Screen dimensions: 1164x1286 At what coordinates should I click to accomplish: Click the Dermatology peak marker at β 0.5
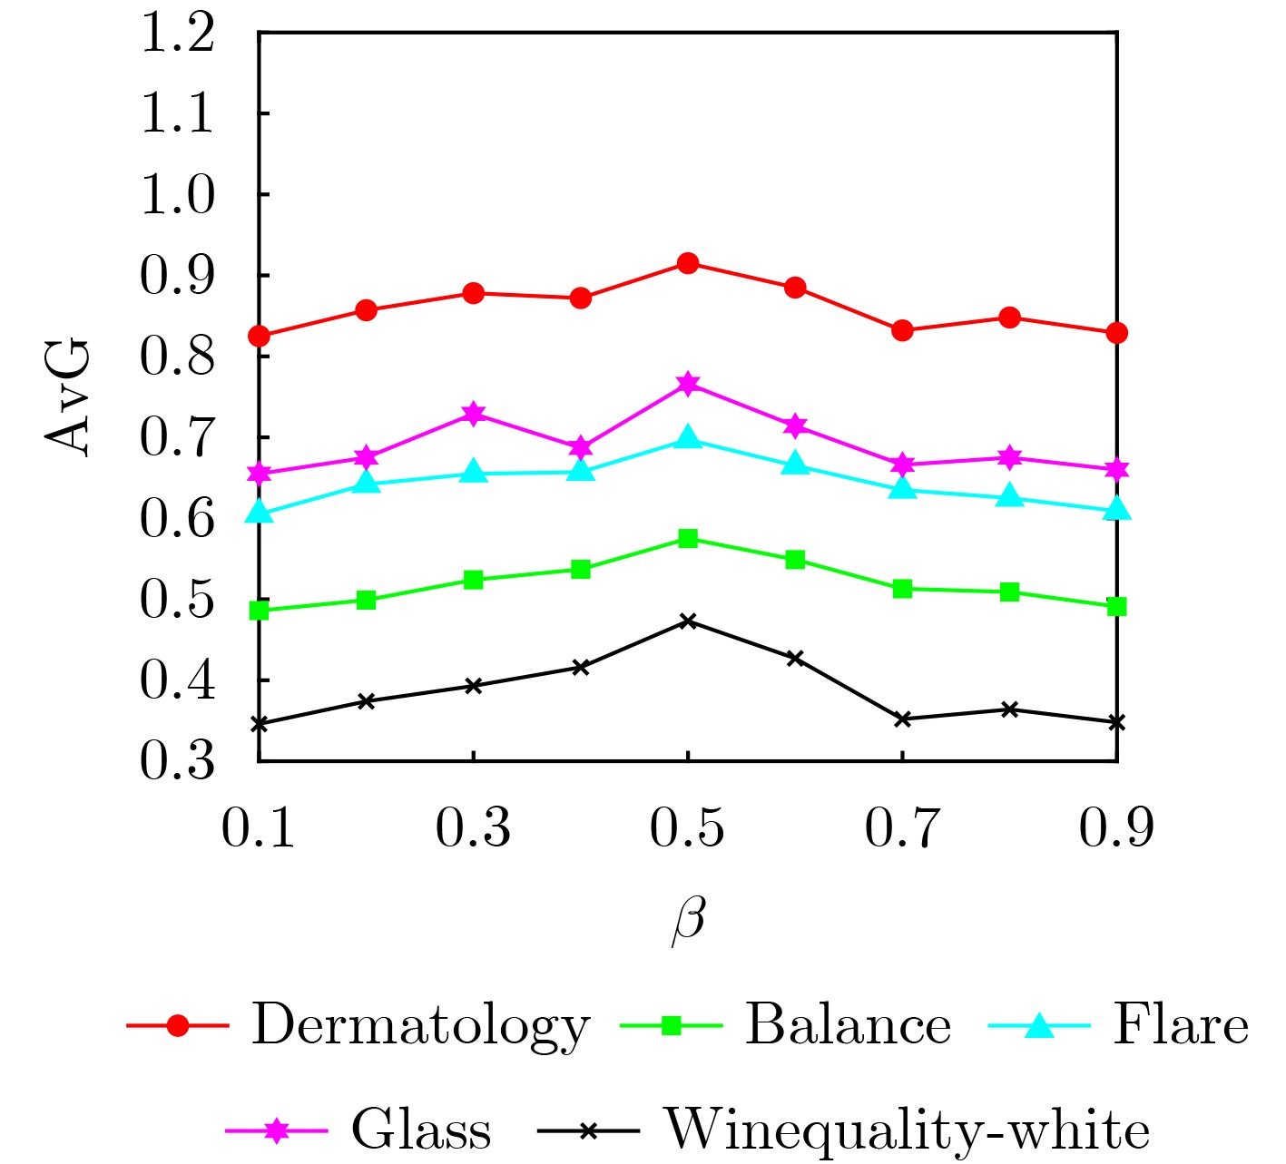tap(688, 263)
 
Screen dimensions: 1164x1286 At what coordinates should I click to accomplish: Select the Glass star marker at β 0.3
tap(473, 415)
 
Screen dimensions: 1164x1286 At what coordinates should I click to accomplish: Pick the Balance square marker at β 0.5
tap(688, 539)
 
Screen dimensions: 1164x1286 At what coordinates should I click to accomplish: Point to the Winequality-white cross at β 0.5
tap(688, 621)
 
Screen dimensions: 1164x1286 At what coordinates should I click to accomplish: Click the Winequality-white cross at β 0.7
tap(902, 719)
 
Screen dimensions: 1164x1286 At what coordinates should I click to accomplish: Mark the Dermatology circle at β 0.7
tap(902, 330)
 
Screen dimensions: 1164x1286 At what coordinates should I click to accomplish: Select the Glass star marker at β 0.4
tap(581, 447)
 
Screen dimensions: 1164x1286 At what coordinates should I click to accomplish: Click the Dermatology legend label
tap(420, 1026)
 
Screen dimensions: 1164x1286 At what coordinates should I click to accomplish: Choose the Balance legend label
tap(848, 1026)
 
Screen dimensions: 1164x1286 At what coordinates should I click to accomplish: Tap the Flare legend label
tap(1181, 1026)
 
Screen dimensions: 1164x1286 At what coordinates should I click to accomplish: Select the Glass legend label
tap(421, 1130)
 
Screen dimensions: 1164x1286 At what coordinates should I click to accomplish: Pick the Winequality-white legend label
tap(908, 1130)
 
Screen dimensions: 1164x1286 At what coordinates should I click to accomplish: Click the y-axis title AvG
tap(68, 396)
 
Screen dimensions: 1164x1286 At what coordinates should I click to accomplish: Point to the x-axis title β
tap(688, 919)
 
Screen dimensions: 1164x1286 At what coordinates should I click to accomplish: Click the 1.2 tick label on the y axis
tap(178, 34)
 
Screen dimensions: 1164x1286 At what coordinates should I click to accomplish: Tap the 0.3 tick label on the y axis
tap(178, 760)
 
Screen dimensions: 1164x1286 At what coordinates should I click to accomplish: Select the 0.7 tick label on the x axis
tap(902, 828)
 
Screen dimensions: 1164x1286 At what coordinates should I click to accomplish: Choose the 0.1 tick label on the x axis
tap(259, 828)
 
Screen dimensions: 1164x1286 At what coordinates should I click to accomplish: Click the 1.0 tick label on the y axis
tap(178, 195)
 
